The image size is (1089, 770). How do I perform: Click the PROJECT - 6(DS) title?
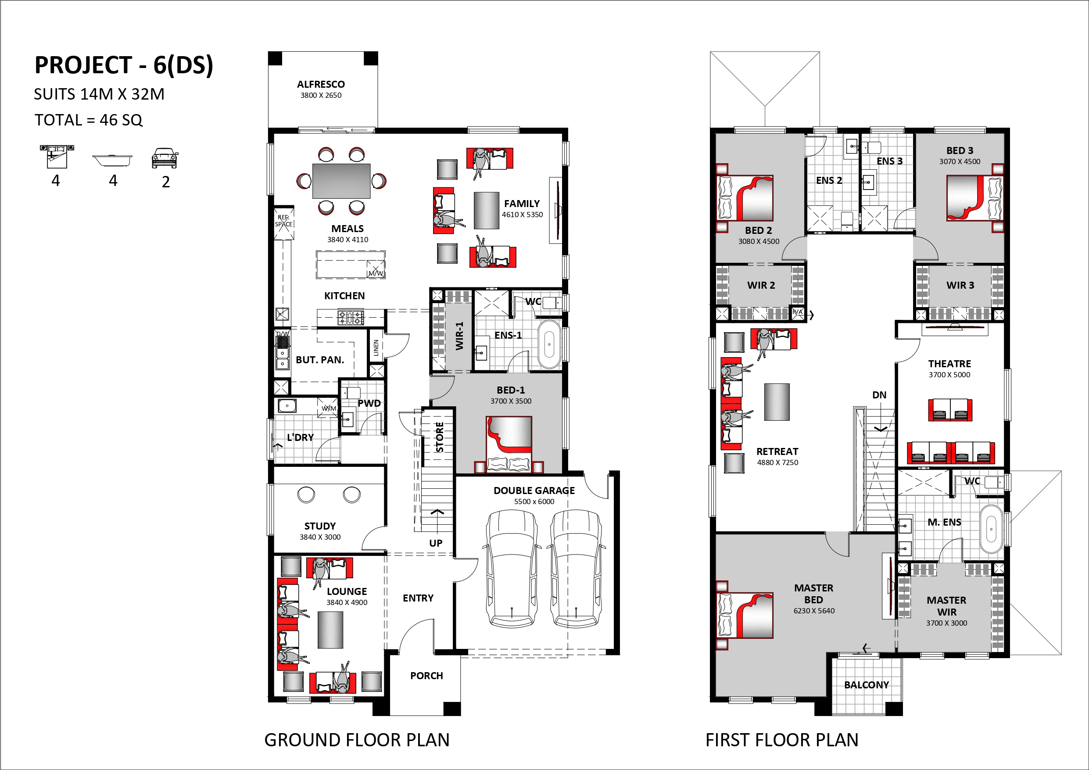point(124,65)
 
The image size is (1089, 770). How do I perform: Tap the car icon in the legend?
point(165,158)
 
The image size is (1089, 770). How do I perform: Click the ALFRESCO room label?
point(321,84)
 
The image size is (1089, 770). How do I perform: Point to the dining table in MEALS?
point(341,181)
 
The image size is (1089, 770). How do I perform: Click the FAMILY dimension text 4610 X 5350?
point(522,215)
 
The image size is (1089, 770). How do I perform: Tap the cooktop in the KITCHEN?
point(351,317)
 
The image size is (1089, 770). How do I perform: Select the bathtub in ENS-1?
point(549,344)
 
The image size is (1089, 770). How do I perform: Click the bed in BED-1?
point(509,444)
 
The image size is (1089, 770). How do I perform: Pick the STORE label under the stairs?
point(440,437)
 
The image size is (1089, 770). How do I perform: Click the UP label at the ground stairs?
point(435,543)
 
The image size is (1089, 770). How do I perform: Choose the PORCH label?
point(426,676)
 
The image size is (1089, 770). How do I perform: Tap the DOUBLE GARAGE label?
point(534,491)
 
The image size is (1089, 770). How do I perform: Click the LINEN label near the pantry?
point(376,348)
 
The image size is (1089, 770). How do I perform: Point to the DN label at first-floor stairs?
point(879,395)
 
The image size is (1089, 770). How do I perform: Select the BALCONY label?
point(866,684)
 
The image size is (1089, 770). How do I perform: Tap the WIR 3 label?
point(960,285)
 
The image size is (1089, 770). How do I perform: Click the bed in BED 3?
point(974,198)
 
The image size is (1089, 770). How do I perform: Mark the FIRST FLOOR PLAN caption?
point(782,740)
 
